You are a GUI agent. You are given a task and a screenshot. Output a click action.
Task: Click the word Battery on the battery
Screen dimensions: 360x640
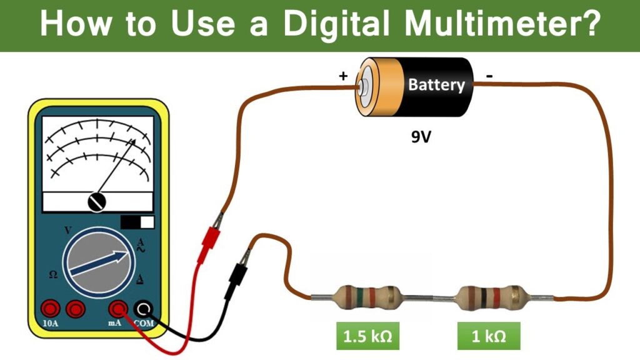(436, 85)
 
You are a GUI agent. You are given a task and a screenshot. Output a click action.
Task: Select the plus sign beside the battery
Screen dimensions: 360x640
(342, 77)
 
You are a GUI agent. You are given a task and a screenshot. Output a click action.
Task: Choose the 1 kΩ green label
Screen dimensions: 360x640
(488, 337)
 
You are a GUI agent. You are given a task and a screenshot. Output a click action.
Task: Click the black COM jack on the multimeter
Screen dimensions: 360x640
(144, 308)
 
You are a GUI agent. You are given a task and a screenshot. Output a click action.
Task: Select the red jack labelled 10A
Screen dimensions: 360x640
(50, 308)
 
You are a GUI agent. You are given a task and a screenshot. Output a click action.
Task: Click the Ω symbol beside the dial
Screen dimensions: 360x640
(53, 275)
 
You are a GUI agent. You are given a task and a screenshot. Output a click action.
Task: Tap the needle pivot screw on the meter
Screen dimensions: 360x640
(97, 201)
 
